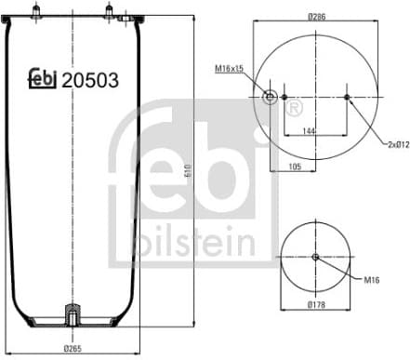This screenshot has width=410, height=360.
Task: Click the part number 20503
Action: click(90, 80)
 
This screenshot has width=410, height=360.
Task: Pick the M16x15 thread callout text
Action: click(229, 69)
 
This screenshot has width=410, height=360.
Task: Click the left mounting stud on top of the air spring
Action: click(36, 11)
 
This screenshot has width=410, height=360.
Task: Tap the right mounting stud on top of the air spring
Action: click(108, 11)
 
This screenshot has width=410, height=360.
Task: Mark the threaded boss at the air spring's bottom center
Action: click(72, 314)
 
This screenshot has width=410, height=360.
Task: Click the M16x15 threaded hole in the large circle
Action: click(271, 97)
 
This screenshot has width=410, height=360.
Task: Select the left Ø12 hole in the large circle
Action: click(284, 97)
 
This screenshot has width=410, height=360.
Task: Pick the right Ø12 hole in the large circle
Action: click(347, 97)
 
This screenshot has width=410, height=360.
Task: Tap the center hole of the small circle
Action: click(315, 258)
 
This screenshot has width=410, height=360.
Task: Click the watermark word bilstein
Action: click(194, 244)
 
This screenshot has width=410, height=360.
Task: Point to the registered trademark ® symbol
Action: click(295, 110)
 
